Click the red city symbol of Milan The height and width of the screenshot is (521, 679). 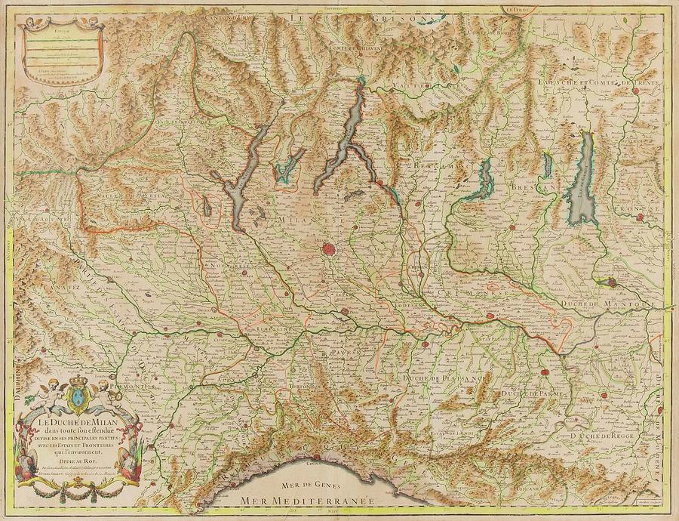click(x=329, y=248)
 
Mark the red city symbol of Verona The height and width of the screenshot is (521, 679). click(x=641, y=218)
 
